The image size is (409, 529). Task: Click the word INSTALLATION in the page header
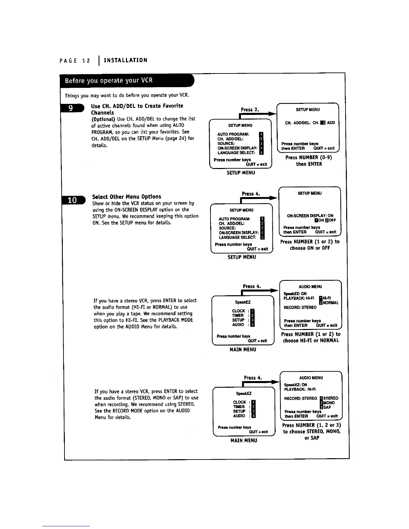[125, 60]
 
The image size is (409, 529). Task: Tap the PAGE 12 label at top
[75, 61]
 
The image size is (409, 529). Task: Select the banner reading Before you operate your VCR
[109, 80]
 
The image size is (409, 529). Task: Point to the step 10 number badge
[73, 200]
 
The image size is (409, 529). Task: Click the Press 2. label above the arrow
[250, 110]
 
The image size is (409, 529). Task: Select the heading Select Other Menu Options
[127, 197]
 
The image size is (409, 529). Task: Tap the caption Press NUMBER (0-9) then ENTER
[309, 161]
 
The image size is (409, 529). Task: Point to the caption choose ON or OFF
[310, 248]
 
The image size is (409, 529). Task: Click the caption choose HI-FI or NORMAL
[311, 341]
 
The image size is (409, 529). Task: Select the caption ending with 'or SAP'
[311, 438]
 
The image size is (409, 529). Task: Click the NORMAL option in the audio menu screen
[331, 303]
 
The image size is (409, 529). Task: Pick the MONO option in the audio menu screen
[329, 403]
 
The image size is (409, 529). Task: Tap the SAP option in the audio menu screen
[327, 407]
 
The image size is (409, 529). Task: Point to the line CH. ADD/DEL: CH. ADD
[310, 123]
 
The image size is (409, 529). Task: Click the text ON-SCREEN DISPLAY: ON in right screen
[310, 216]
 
